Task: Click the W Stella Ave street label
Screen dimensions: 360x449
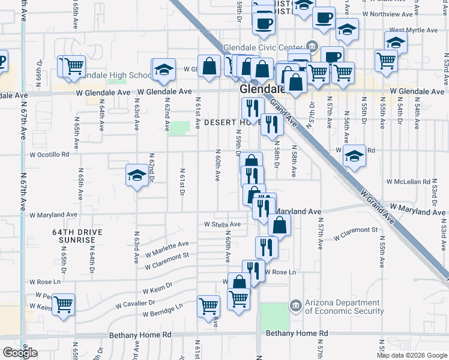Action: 221,224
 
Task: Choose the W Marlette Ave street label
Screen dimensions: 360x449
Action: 167,247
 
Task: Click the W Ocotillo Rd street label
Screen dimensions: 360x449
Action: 49,154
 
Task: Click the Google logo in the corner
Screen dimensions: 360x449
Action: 20,353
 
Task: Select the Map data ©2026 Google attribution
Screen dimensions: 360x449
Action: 412,355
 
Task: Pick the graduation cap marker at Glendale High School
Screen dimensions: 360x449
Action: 163,70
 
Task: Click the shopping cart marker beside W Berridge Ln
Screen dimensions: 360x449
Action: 208,305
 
